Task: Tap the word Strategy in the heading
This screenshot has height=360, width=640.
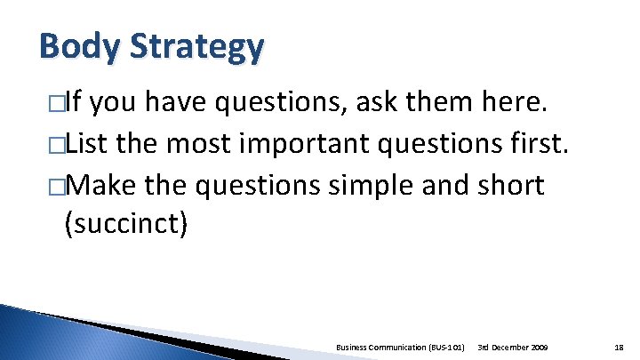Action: [197, 48]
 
